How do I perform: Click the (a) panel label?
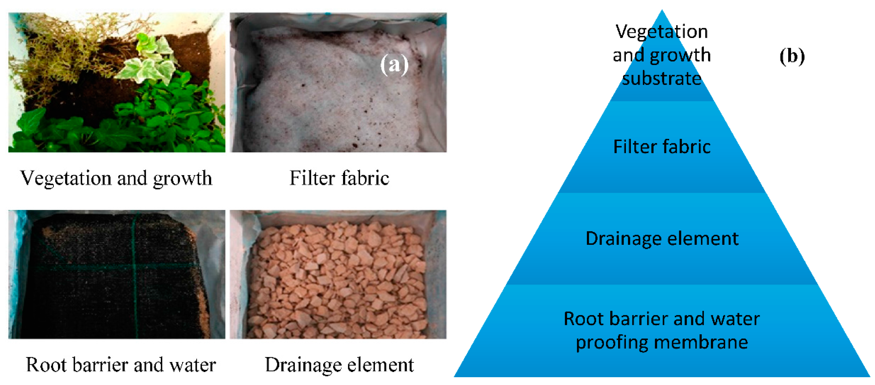[394, 64]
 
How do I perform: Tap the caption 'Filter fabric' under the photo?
[339, 178]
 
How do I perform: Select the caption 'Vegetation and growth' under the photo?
[116, 178]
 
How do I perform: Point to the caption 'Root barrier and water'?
[121, 365]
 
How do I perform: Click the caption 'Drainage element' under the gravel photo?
[339, 365]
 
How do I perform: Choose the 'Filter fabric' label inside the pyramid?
[662, 147]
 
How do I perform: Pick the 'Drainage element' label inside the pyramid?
[662, 238]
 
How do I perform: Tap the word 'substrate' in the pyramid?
[662, 79]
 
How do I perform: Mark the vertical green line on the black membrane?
[135, 279]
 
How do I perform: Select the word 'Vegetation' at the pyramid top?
[662, 31]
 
